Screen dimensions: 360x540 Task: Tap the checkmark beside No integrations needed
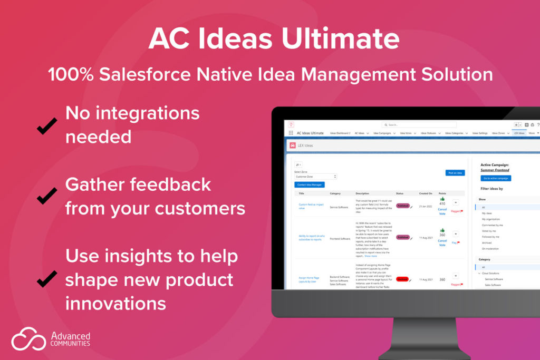pyautogui.click(x=47, y=125)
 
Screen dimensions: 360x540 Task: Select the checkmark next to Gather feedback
pyautogui.click(x=47, y=197)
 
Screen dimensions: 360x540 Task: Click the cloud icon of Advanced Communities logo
pyautogui.click(x=28, y=338)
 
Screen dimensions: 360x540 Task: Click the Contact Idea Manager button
pyautogui.click(x=309, y=184)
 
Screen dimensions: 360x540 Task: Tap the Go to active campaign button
pyautogui.click(x=496, y=178)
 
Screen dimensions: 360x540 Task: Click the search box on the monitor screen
pyautogui.click(x=419, y=125)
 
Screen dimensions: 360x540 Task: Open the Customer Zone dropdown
pyautogui.click(x=315, y=177)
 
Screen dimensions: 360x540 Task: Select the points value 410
pyautogui.click(x=442, y=203)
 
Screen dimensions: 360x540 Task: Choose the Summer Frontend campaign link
pyautogui.click(x=494, y=170)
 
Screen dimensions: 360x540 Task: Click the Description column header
pyautogui.click(x=362, y=193)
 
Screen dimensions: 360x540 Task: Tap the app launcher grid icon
pyautogui.click(x=291, y=133)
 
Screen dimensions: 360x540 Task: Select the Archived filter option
pyautogui.click(x=487, y=242)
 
